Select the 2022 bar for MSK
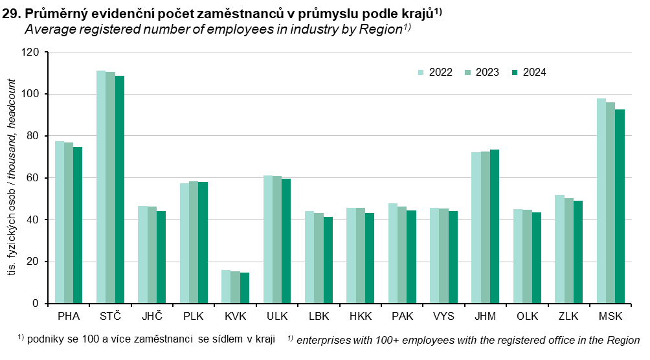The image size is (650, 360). point(601,201)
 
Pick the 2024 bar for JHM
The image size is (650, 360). point(494,227)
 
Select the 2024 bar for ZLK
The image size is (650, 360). point(577,252)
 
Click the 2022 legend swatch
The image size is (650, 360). point(421,73)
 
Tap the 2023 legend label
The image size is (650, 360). point(487,73)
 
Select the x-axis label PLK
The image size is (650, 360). point(194,317)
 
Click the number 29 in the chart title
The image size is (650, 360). point(9,14)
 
